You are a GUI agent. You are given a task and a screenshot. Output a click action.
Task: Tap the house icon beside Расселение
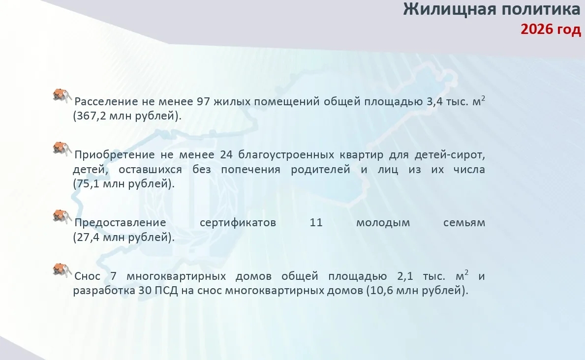coord(62,96)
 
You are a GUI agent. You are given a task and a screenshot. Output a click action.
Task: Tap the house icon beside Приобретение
coord(62,149)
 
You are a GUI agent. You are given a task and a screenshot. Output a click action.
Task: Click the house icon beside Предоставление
coord(62,217)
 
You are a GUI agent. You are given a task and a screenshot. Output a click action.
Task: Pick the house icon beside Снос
coord(62,270)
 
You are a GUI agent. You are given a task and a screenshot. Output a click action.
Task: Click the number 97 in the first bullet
coord(203,101)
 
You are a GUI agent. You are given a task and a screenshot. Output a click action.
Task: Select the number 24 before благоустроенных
coord(226,154)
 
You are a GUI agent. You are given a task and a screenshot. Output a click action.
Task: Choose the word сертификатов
coord(238,223)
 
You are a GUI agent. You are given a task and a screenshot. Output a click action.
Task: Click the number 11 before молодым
coord(316,223)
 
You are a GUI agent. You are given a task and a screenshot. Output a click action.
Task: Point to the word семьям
coord(464,223)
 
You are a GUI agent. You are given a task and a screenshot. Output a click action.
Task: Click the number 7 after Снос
coord(114,276)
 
